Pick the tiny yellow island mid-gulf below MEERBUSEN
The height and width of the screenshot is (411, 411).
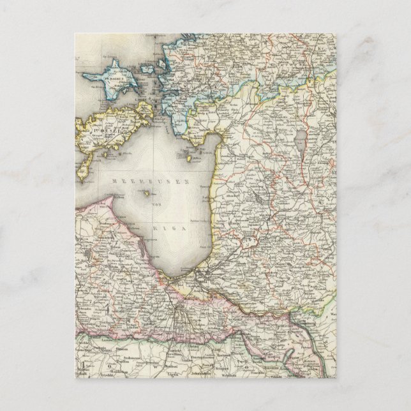(x=148, y=193)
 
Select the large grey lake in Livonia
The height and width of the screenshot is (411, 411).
(x=301, y=137)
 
